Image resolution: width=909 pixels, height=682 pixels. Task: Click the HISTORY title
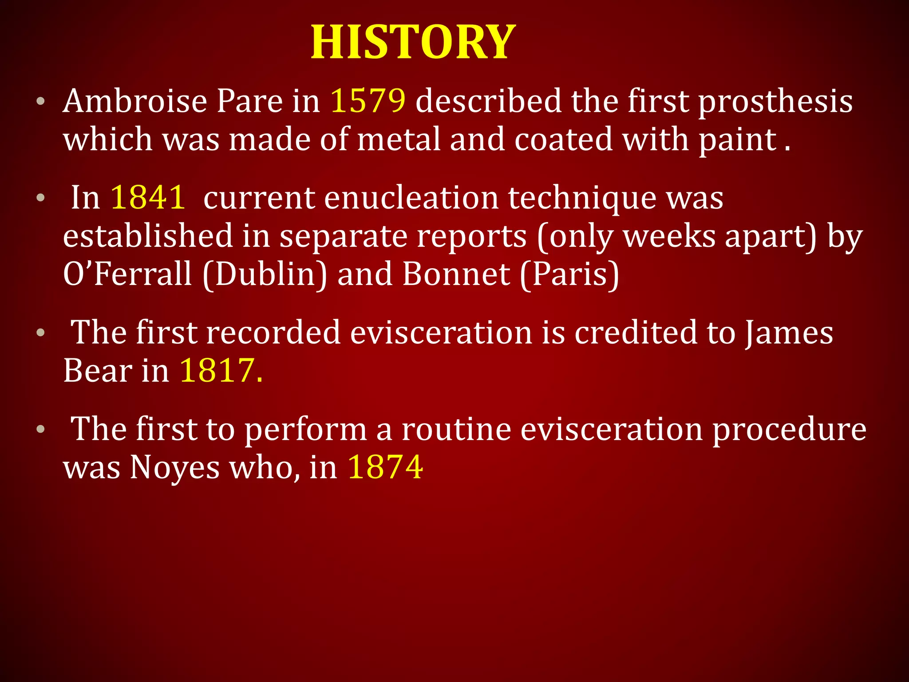click(x=413, y=42)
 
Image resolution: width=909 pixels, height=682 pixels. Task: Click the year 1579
click(x=368, y=101)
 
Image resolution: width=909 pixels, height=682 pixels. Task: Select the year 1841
click(x=148, y=197)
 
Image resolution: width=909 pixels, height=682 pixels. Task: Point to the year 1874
click(x=385, y=467)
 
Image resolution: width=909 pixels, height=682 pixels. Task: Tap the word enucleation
click(x=411, y=197)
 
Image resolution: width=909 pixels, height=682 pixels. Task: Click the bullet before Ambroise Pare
click(x=41, y=102)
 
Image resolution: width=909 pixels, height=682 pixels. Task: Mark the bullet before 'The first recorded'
click(x=41, y=333)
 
